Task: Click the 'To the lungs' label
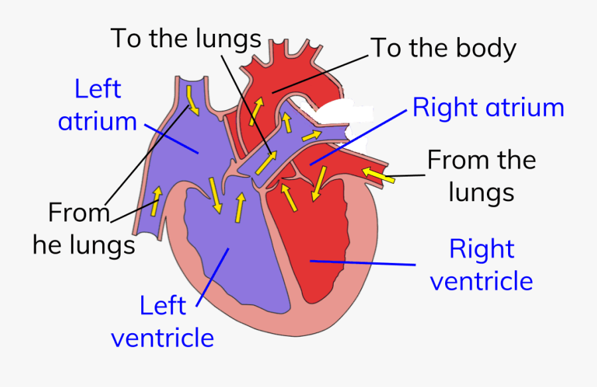[x=186, y=39]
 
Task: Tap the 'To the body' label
[x=443, y=48]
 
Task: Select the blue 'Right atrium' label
[x=488, y=108]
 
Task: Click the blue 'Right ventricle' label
[x=482, y=265]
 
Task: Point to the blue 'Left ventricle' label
[x=163, y=322]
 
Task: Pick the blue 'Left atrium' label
[x=98, y=106]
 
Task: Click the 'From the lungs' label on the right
[x=481, y=176]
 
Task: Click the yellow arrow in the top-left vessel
[x=192, y=98]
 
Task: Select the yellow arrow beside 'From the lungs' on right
[x=377, y=175]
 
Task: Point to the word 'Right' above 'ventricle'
[x=482, y=249]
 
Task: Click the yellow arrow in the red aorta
[x=256, y=110]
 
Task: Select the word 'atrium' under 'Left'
[x=98, y=121]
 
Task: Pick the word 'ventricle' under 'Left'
[x=163, y=338]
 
